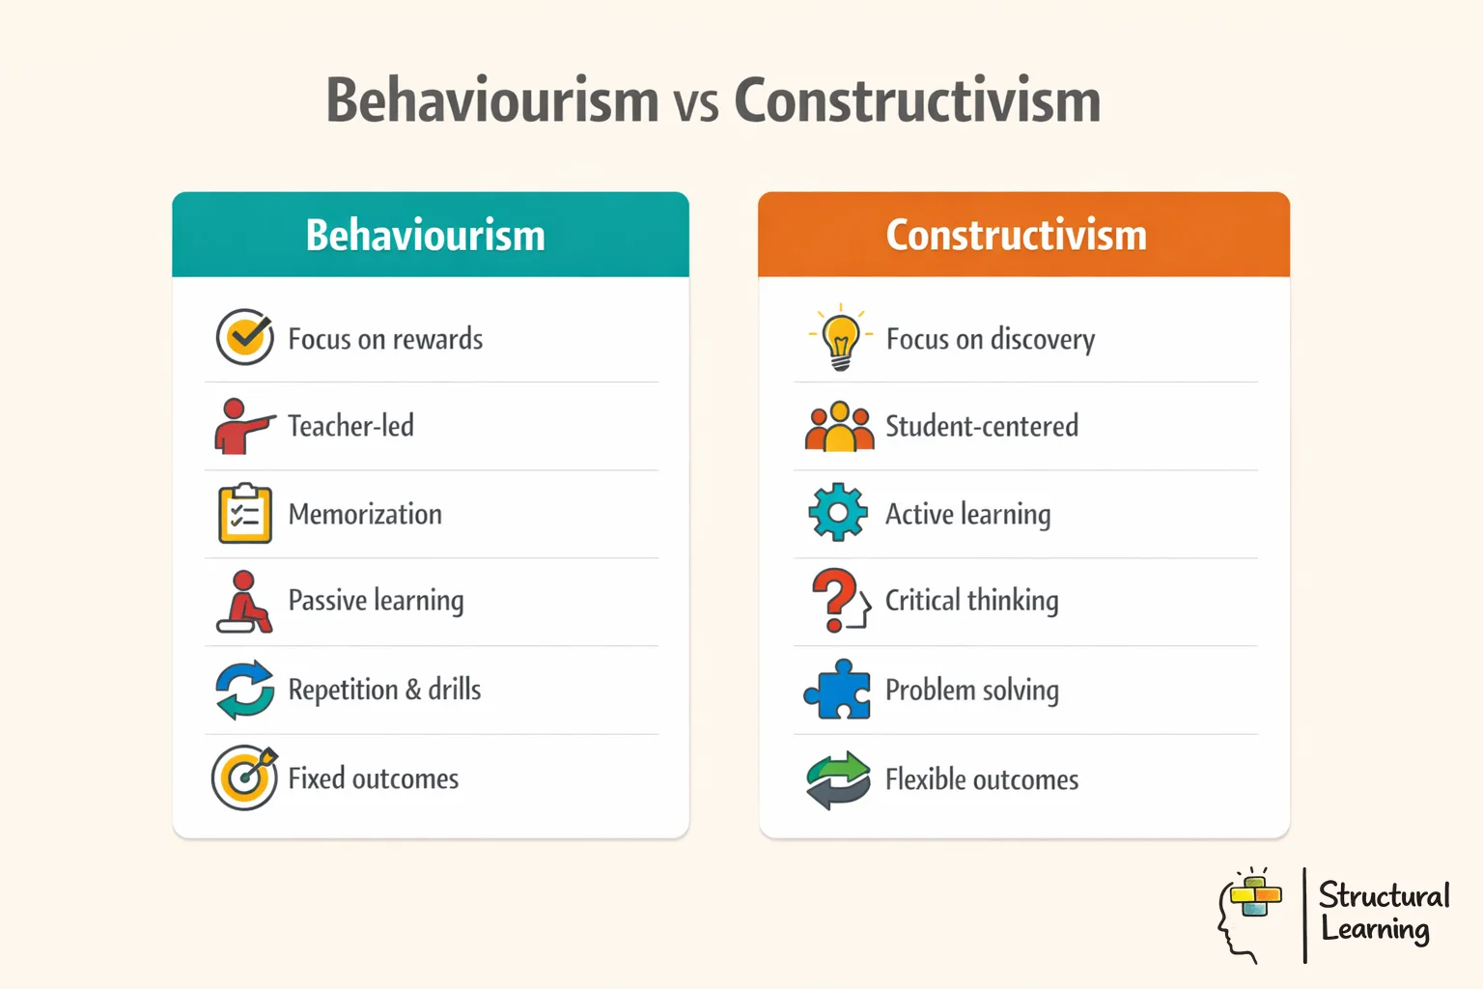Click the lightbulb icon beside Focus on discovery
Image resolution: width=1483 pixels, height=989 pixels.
pos(840,337)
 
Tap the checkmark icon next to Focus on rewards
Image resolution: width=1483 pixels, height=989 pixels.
pos(245,337)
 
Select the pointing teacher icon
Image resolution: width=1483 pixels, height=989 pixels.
pos(241,426)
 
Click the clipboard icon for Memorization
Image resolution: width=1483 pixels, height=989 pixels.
pos(245,514)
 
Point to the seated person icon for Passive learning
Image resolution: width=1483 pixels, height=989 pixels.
pos(244,602)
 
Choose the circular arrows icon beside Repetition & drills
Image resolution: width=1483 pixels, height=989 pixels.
pos(245,690)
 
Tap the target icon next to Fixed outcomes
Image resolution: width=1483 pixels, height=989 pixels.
pos(245,777)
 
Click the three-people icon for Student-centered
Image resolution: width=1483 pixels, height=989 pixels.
pos(839,427)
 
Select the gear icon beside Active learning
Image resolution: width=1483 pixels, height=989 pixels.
pos(838,513)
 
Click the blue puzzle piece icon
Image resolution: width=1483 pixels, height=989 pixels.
pos(838,690)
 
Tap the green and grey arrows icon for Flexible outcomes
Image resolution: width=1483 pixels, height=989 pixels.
pos(838,779)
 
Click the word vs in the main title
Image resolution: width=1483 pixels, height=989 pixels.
pos(696,103)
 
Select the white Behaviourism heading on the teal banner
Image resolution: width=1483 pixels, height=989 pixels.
pos(426,236)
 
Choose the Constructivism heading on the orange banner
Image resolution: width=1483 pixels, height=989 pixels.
pos(1017,236)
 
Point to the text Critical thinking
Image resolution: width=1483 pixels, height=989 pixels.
pos(971,601)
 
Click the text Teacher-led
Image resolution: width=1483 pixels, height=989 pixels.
pos(350,426)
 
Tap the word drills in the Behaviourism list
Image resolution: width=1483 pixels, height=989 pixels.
pos(455,690)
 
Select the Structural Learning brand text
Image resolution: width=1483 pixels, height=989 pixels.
pos(1383,912)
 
